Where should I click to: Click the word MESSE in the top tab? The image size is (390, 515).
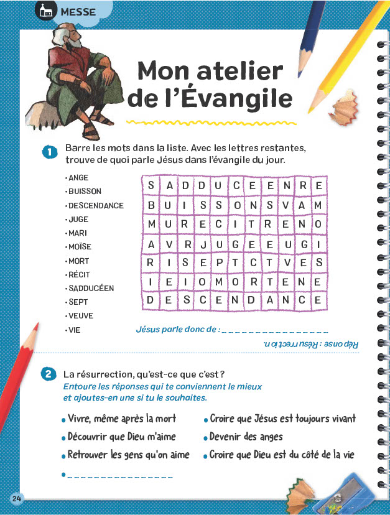point(78,11)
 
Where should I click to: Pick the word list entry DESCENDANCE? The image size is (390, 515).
point(96,205)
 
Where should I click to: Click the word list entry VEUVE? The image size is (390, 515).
point(81,316)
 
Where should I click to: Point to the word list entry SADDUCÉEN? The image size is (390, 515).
point(91,289)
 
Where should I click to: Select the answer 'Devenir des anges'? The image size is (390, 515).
point(246,437)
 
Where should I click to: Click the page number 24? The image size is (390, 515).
point(16,499)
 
